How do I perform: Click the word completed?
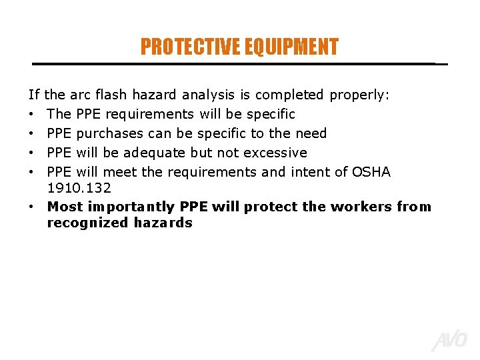[289, 95]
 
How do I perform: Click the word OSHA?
[371, 172]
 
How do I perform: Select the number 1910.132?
[79, 189]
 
